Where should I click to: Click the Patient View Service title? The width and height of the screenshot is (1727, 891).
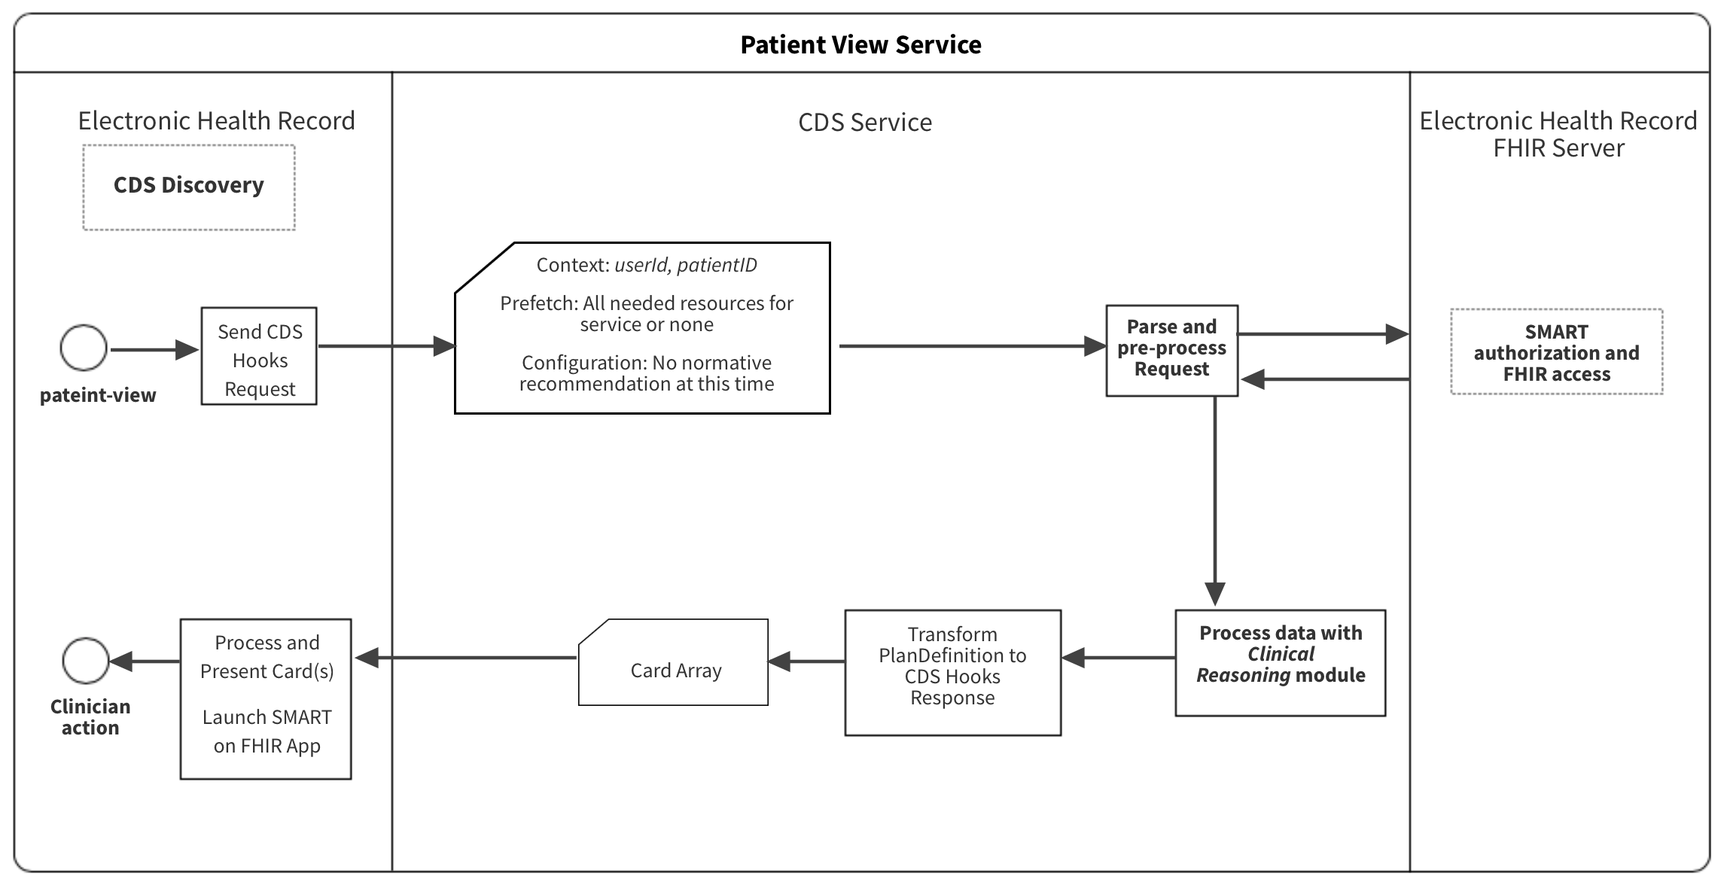860,44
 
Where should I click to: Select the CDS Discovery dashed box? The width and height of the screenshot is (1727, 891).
188,187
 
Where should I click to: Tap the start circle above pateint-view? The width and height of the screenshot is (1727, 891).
84,348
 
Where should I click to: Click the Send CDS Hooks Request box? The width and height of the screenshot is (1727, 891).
259,356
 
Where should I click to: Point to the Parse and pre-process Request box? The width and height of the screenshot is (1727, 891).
1171,350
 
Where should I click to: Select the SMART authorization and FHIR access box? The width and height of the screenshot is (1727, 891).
1556,351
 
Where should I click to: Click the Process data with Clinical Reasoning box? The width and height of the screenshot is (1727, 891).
1280,662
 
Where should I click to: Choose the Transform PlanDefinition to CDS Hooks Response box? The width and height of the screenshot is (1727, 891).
952,672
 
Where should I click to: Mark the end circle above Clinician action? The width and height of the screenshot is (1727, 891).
85,660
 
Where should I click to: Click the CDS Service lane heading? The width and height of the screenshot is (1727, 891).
864,122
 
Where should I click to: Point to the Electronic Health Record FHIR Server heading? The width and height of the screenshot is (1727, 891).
1558,134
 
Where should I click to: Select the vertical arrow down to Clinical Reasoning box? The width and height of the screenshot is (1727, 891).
1214,497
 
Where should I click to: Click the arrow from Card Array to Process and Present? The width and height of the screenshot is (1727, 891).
467,658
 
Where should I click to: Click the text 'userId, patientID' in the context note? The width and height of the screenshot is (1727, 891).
685,265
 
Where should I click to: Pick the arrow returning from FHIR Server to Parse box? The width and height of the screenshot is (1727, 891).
1325,379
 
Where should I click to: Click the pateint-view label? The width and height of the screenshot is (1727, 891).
98,395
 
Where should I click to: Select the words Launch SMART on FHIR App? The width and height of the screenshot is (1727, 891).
267,731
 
